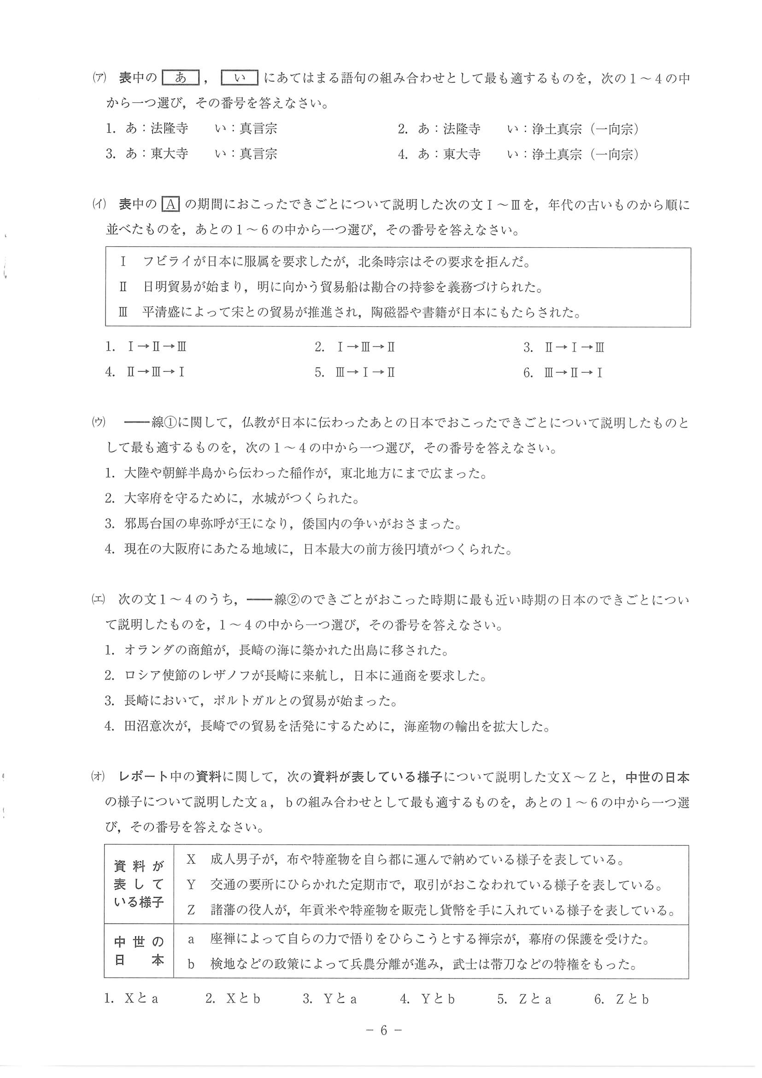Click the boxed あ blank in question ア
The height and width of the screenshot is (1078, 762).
point(181,78)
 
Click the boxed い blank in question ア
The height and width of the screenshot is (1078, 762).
point(240,78)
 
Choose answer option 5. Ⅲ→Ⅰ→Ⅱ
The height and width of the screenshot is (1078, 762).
point(355,372)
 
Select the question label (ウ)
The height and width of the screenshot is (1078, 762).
point(99,422)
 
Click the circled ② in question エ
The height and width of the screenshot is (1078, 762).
point(294,599)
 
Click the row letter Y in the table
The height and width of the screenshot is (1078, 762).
point(191,885)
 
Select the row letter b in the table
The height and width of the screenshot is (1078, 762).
point(191,964)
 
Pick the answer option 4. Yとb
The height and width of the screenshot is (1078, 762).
point(427,999)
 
